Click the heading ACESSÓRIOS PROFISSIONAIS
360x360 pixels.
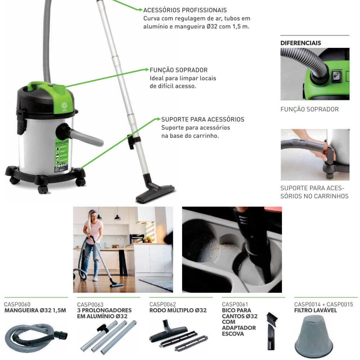point(185,10)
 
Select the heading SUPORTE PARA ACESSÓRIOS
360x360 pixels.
point(203,119)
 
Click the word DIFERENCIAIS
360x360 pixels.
point(301,43)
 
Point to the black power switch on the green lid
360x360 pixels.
point(336,76)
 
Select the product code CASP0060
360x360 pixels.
point(17,305)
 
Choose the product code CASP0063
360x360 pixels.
point(90,305)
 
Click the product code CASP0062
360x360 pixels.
point(162,305)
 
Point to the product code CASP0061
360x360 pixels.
point(235,305)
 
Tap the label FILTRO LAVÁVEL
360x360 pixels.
point(315,310)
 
